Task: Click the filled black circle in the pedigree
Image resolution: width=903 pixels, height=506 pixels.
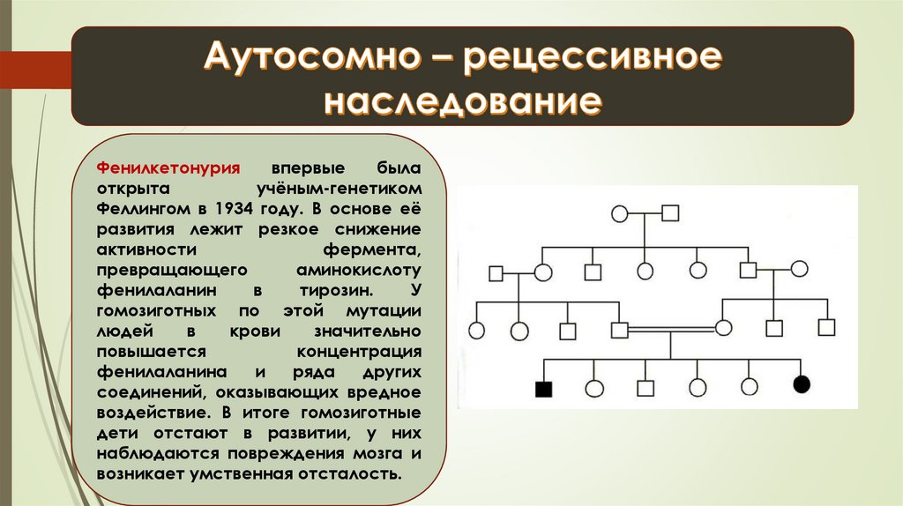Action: pos(802,384)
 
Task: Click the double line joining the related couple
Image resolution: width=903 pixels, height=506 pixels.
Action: pos(671,330)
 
